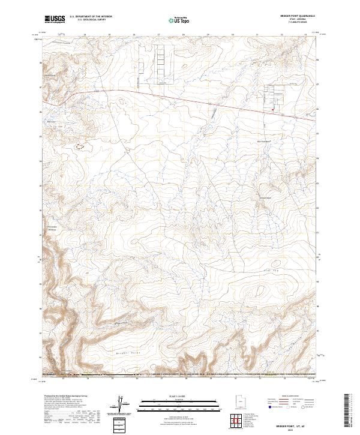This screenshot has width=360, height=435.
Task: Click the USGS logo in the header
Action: (55, 19)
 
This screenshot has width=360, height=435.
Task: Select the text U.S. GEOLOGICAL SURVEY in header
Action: (91, 20)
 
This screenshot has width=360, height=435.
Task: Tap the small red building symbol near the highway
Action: (272, 109)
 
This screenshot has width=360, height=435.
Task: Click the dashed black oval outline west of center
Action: (79, 144)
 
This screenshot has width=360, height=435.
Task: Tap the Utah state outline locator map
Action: (240, 401)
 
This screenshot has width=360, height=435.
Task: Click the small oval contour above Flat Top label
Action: (275, 262)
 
